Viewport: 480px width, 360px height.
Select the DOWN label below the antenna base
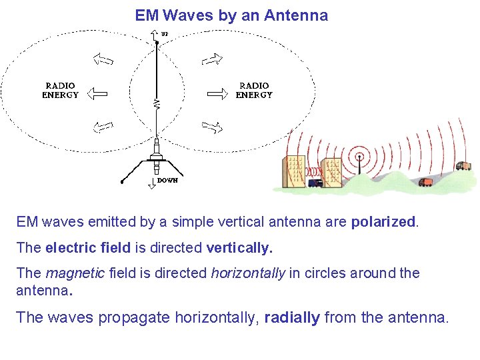pos(167,181)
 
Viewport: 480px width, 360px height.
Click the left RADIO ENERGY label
pos(60,91)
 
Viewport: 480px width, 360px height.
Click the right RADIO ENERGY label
pos(254,91)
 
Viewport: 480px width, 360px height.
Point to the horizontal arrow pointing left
pos(97,93)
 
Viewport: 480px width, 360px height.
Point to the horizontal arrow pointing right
pos(217,93)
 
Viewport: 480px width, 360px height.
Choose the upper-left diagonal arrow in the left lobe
pos(103,61)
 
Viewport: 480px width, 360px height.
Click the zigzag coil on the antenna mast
pos(156,103)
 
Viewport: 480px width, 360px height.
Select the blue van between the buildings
pos(315,181)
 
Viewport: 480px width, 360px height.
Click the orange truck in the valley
pos(425,181)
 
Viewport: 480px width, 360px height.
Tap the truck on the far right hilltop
pos(463,165)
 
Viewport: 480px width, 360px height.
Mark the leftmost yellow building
pos(295,172)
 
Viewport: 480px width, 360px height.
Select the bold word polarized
pos(384,221)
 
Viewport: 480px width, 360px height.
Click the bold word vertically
pos(239,248)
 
